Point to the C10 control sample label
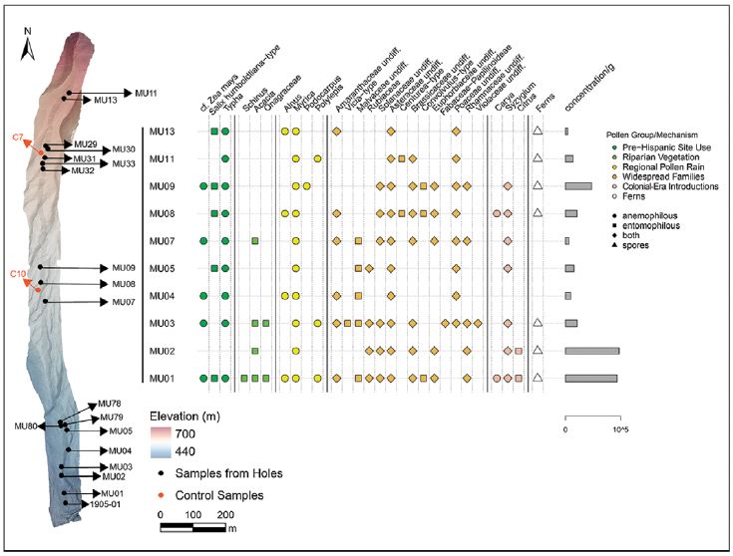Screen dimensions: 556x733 [18, 273]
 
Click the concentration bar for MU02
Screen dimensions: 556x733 [591, 351]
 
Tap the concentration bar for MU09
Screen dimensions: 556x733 [578, 186]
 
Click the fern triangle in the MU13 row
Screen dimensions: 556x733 [538, 132]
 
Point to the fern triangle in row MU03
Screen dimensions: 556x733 [538, 323]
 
